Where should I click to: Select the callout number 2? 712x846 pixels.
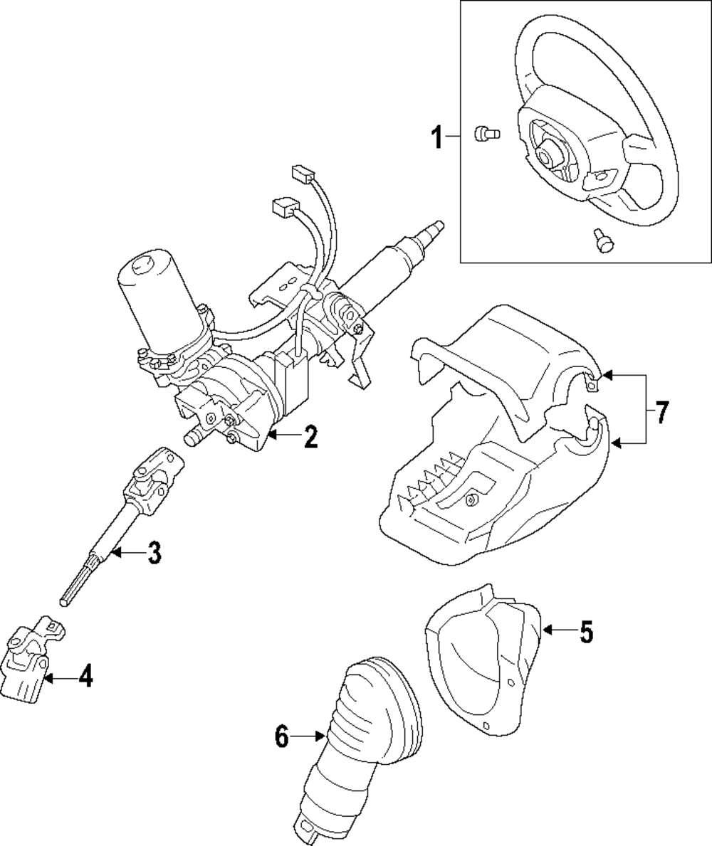(310, 436)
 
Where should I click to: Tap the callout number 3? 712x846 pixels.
(154, 553)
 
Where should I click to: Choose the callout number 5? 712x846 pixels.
(585, 631)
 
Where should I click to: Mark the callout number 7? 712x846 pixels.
(661, 412)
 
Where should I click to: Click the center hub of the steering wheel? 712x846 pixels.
(549, 152)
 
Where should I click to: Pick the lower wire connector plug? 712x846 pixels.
(283, 207)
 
